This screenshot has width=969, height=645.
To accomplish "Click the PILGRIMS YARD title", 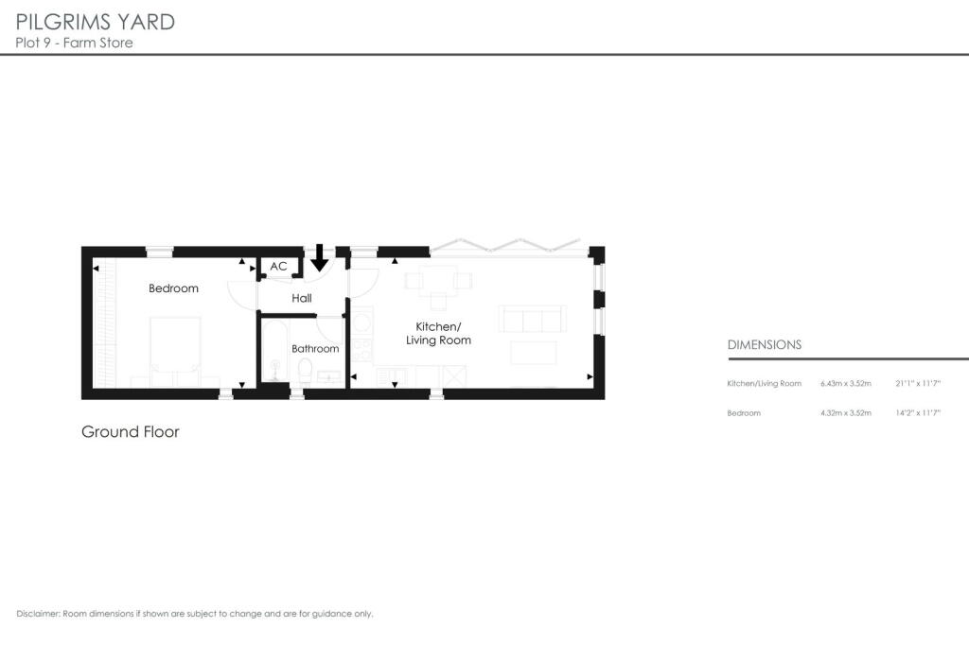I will click(95, 21).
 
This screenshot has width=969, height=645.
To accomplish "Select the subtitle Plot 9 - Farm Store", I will click(74, 43).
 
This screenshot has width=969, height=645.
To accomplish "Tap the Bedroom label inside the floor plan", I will click(173, 288).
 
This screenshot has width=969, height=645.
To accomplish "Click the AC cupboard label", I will click(278, 267).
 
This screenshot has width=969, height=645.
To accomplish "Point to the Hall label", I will click(302, 298).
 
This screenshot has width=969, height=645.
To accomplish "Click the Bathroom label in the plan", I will click(315, 348).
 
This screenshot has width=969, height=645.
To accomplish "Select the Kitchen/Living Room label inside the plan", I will click(438, 333).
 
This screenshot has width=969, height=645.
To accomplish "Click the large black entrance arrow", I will click(320, 255).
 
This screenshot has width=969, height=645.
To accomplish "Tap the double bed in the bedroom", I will click(175, 350).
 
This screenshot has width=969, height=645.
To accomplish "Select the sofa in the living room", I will click(532, 319).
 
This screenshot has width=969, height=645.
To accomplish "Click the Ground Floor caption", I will click(131, 432).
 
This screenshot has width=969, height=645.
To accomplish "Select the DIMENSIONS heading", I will click(765, 345).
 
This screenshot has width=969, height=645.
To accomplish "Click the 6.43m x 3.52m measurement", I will click(845, 383).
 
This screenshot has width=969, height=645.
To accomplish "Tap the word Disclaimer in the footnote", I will click(39, 614).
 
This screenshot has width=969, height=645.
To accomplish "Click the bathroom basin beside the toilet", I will click(330, 377).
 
